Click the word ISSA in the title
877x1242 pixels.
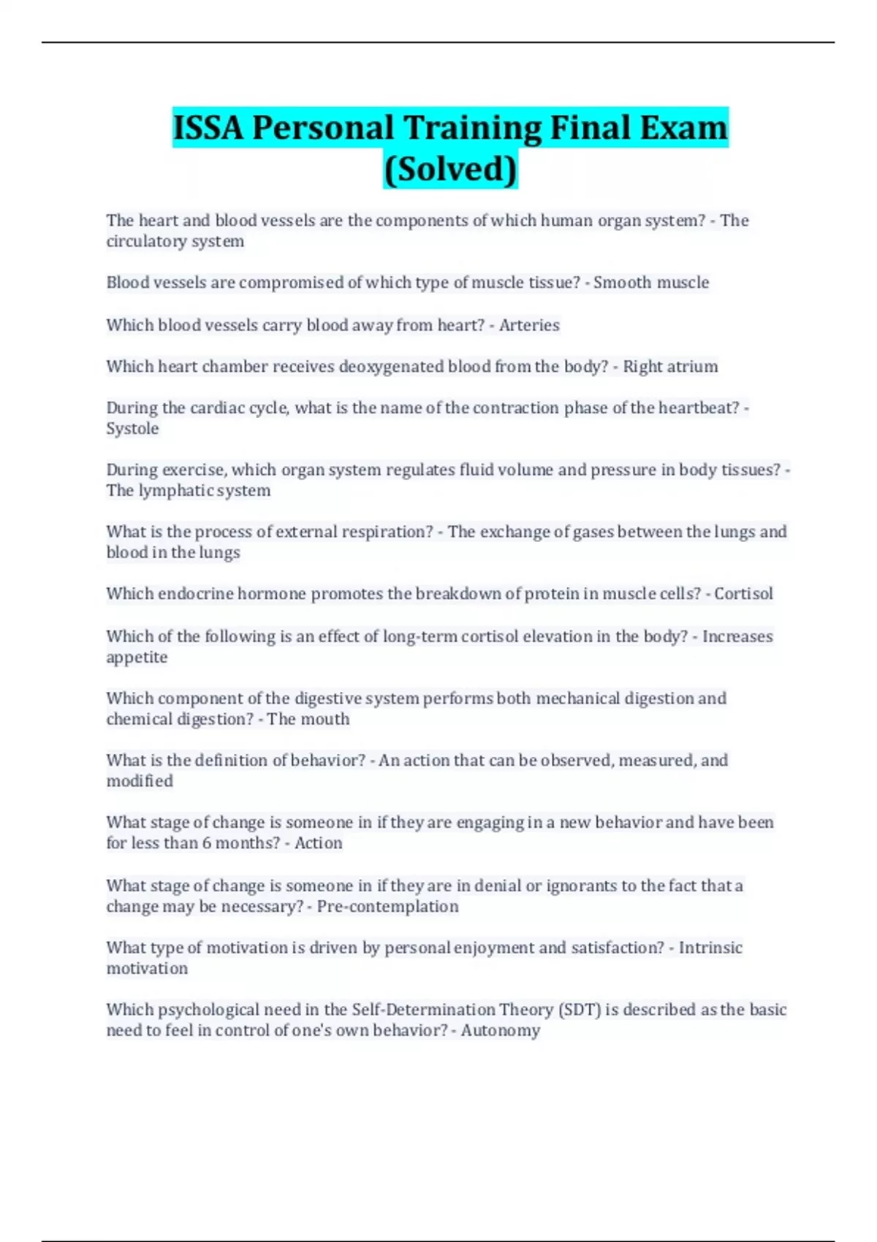click(x=208, y=128)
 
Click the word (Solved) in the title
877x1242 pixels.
click(x=450, y=169)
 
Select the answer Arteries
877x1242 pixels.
click(x=529, y=325)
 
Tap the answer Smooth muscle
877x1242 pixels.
click(x=650, y=283)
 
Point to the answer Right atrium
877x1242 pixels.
click(x=670, y=367)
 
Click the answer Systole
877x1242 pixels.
click(x=132, y=429)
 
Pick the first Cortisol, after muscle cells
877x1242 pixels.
click(x=743, y=594)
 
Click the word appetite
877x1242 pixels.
click(x=137, y=658)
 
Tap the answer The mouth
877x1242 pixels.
click(x=308, y=720)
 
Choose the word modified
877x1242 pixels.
click(x=140, y=782)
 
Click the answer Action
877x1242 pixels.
click(x=318, y=843)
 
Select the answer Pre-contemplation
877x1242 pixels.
click(x=387, y=907)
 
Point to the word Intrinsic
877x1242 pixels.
click(x=710, y=948)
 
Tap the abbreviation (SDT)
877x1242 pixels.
click(x=579, y=1010)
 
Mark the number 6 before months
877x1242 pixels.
click(x=207, y=843)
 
